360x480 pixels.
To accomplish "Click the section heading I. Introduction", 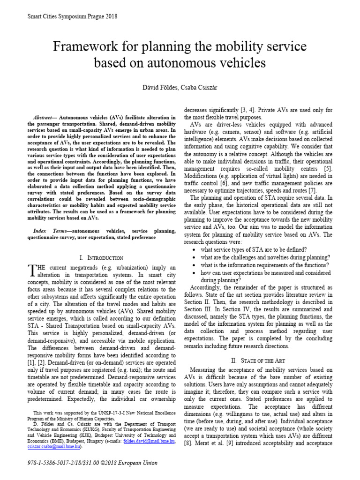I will (102, 258).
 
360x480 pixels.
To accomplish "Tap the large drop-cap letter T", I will (32, 270).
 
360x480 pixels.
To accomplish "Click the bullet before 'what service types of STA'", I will (194, 249).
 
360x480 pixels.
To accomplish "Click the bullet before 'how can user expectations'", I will (194, 272).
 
